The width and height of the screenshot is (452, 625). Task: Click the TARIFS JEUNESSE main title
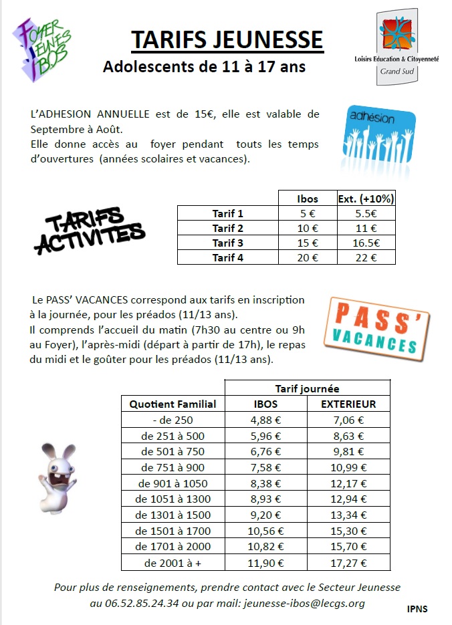pyautogui.click(x=227, y=39)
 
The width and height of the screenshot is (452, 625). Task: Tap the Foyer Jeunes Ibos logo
pyautogui.click(x=43, y=50)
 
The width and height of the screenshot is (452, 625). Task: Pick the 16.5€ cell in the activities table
pyautogui.click(x=365, y=243)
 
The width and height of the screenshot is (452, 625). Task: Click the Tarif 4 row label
pyautogui.click(x=228, y=257)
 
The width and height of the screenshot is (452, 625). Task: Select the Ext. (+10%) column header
pyautogui.click(x=365, y=199)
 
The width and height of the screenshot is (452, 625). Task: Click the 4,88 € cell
pyautogui.click(x=265, y=420)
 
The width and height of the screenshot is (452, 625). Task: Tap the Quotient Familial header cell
pyautogui.click(x=173, y=404)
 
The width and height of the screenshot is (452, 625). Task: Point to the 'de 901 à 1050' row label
pyautogui.click(x=173, y=483)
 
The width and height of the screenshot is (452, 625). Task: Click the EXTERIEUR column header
pyautogui.click(x=348, y=404)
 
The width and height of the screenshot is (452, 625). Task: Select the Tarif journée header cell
pyautogui.click(x=307, y=388)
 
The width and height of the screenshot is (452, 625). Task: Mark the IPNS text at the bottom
pyautogui.click(x=417, y=609)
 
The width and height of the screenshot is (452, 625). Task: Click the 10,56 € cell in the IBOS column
pyautogui.click(x=265, y=531)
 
